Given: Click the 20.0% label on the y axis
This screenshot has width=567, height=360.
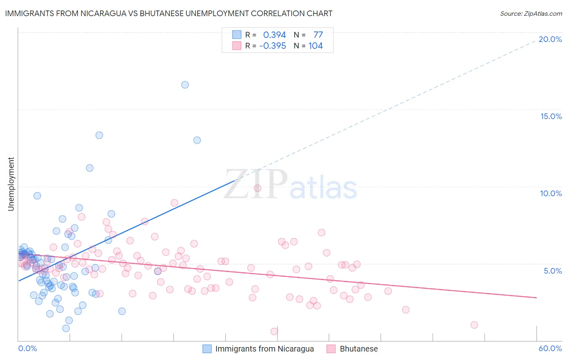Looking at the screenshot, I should point(550,39).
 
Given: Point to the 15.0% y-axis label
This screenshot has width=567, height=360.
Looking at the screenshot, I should point(551,116).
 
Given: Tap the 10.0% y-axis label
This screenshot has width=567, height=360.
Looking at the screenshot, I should point(551,193).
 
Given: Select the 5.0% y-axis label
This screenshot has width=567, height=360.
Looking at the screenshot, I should point(552,271).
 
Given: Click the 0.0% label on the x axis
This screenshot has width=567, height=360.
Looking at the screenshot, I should point(27,348).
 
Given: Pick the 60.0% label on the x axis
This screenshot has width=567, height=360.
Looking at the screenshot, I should point(550,348).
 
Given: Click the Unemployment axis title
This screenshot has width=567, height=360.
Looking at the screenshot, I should point(11,184).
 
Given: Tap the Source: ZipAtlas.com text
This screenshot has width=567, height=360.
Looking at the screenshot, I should point(531,14).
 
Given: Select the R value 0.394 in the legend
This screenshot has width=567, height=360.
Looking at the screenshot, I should point(274,35).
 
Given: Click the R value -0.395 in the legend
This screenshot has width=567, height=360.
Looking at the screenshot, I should point(273,46).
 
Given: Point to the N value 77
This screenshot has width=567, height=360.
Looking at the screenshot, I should point(318,35).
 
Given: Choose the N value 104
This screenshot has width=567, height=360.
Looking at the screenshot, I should point(316,46).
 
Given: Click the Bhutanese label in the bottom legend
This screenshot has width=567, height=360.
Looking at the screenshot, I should point(359,349).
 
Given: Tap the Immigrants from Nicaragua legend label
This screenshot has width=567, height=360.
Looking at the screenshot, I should point(265,349).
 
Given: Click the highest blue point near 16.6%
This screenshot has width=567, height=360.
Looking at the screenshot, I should point(185,85).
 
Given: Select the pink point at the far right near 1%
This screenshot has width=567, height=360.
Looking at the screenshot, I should point(474,325).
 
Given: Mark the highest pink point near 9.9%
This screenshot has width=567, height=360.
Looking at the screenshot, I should point(258,188).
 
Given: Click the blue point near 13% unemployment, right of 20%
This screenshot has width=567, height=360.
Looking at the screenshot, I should point(197,140).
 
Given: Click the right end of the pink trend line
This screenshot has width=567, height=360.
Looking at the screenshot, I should point(536,297).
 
